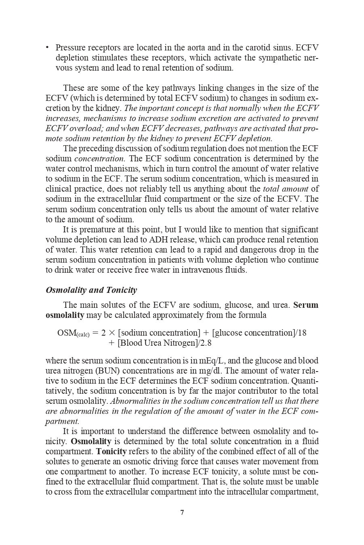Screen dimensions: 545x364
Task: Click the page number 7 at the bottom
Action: click(182, 513)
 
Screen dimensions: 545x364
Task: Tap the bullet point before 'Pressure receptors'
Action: click(47, 47)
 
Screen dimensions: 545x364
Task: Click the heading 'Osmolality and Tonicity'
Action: click(91, 290)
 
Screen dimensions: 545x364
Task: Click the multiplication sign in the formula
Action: click(112, 333)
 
